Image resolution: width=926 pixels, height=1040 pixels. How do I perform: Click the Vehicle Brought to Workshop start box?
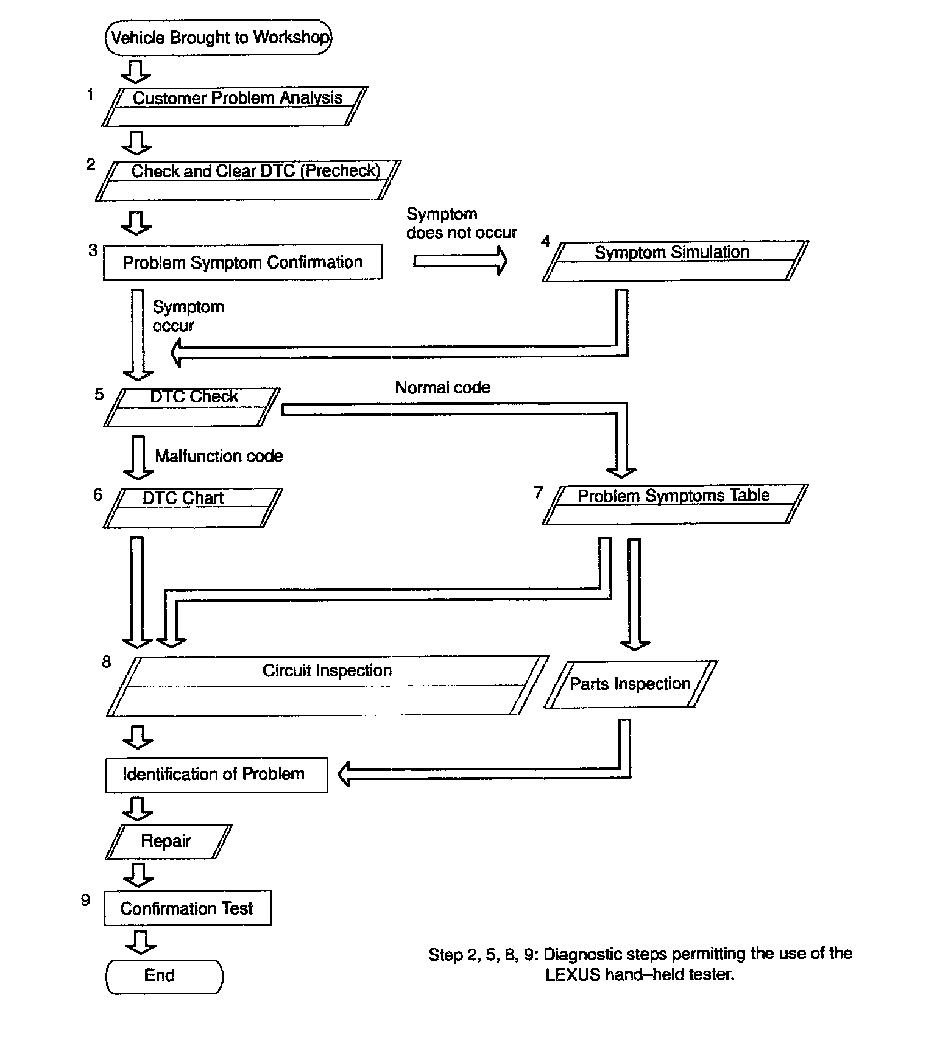[219, 38]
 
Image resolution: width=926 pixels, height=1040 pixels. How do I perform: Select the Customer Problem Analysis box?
[235, 107]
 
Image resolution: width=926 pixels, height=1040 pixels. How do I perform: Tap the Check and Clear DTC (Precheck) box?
[249, 180]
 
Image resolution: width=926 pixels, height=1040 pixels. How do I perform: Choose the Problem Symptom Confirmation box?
[242, 262]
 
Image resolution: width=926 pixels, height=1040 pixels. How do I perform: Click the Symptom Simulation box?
[675, 261]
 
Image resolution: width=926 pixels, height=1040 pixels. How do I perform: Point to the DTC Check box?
[192, 407]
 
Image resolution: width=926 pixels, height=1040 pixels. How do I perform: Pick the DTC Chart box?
[193, 507]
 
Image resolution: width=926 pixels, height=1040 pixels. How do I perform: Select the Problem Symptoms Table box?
[675, 504]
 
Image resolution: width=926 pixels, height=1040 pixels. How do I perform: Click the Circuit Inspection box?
[327, 685]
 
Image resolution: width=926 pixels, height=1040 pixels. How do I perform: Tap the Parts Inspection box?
[631, 684]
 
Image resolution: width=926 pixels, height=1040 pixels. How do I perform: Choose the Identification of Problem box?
[216, 775]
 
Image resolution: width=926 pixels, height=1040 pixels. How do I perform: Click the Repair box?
[168, 841]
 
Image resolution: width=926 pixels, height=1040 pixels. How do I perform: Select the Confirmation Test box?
[187, 908]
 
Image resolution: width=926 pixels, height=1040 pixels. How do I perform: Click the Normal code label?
[443, 387]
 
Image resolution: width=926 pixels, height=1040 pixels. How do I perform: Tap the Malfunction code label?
[219, 456]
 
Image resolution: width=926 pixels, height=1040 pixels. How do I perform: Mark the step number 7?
[539, 492]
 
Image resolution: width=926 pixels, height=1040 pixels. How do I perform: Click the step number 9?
[86, 900]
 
